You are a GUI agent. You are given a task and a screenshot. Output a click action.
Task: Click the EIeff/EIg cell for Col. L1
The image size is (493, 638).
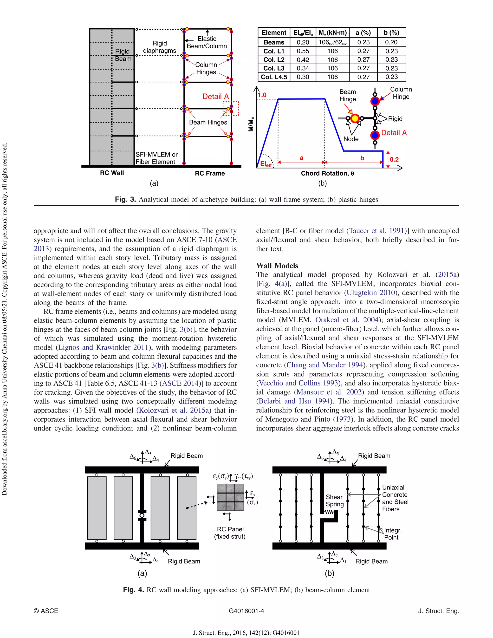tap(303, 51)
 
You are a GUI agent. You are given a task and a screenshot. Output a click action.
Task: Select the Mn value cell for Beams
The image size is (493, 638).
tap(332, 42)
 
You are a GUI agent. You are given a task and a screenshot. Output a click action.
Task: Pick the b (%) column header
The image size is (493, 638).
tap(391, 33)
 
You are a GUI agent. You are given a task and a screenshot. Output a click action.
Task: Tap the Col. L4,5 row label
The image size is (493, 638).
tap(274, 77)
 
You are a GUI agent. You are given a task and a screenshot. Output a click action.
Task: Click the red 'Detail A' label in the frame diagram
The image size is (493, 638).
tap(215, 97)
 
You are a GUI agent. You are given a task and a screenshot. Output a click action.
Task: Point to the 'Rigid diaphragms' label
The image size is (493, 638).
tap(159, 47)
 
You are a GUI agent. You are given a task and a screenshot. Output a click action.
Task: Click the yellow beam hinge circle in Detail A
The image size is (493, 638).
tap(355, 118)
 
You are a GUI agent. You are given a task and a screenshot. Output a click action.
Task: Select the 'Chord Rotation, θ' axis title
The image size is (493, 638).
tap(327, 174)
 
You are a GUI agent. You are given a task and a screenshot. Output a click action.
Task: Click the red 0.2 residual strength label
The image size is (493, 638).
tap(394, 159)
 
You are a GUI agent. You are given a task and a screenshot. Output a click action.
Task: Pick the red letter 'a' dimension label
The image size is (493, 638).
tap(301, 158)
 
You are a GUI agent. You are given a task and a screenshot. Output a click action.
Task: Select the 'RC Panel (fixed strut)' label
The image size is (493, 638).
tap(230, 533)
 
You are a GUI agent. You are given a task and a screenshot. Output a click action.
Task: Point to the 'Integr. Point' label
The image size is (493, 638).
tap(393, 534)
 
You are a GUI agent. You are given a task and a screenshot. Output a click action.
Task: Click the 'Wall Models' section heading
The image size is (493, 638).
tap(277, 266)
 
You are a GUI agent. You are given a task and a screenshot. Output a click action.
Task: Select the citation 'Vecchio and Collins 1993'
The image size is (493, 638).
tap(298, 383)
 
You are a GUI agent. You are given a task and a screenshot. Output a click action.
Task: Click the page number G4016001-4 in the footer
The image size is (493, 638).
tap(246, 611)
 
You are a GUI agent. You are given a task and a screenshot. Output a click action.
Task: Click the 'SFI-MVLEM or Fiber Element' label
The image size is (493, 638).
tap(156, 158)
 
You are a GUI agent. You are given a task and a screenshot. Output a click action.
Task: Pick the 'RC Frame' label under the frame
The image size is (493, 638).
tap(210, 174)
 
